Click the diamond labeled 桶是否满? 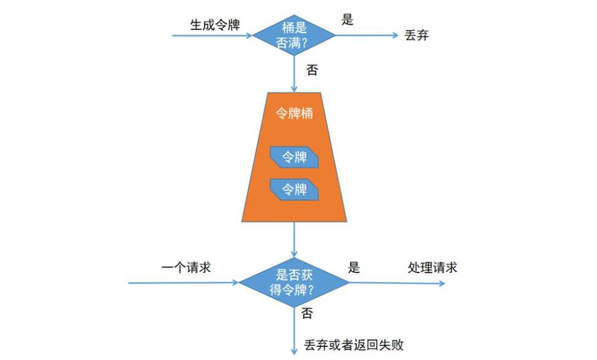pyautogui.click(x=294, y=35)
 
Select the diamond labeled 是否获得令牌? pyautogui.click(x=294, y=282)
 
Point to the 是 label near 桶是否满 pyautogui.click(x=348, y=20)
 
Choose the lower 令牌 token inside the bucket pyautogui.click(x=294, y=189)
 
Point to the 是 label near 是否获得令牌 pyautogui.click(x=353, y=267)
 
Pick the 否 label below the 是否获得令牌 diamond pyautogui.click(x=307, y=313)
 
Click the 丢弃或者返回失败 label pyautogui.click(x=354, y=345)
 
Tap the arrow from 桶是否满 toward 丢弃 pyautogui.click(x=367, y=35)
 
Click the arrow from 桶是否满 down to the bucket pyautogui.click(x=294, y=74)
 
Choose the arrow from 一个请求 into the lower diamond pyautogui.click(x=183, y=283)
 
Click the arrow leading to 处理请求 pyautogui.click(x=396, y=283)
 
